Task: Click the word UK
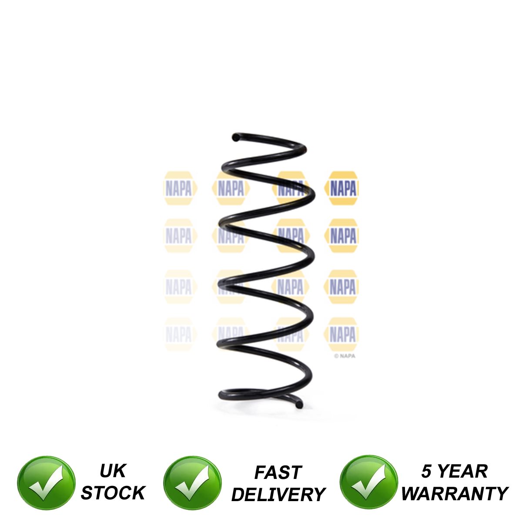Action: point(113,471)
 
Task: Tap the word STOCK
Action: point(113,493)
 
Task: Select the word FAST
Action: point(278,472)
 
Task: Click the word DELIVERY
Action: point(278,495)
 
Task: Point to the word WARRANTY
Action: point(455,494)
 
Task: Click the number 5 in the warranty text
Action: point(426,472)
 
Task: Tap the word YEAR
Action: point(462,472)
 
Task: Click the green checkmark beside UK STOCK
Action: point(46,483)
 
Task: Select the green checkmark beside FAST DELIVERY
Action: point(192,483)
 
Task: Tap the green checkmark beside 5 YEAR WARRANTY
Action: point(368,483)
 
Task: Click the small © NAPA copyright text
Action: point(345,356)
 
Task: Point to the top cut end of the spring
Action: point(235,137)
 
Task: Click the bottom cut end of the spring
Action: point(299,405)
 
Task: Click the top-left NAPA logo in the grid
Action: point(179,188)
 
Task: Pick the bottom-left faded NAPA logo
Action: point(179,335)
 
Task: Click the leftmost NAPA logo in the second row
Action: point(179,236)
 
